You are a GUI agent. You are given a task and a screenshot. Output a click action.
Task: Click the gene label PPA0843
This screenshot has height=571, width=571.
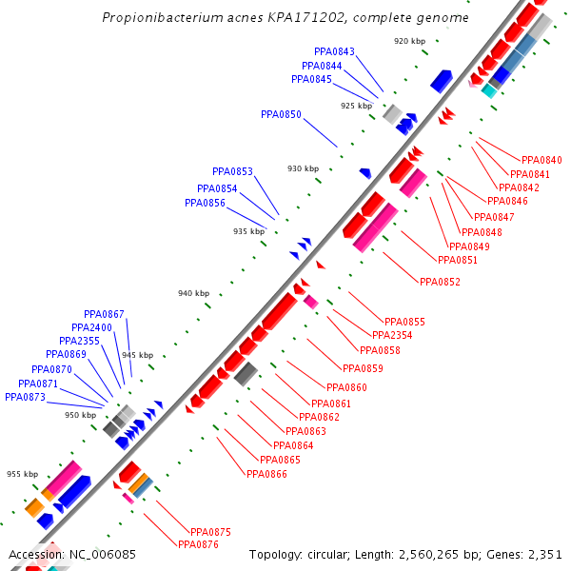(334, 51)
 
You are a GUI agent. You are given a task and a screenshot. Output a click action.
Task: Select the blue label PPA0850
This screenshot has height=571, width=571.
(281, 114)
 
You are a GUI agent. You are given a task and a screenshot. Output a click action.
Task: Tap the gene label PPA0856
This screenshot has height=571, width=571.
(205, 203)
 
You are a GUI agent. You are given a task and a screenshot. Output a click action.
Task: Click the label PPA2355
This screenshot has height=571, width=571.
(79, 341)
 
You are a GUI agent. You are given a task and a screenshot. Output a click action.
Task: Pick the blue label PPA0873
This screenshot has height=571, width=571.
(25, 397)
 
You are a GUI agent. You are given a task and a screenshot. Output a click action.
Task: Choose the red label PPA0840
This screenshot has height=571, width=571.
(541, 160)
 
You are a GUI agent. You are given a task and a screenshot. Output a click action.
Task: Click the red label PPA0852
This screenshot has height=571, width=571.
(440, 281)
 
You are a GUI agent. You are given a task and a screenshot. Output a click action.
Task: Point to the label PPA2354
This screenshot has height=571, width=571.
(392, 335)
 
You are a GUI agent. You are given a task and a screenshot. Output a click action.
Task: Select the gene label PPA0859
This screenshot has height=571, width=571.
(362, 368)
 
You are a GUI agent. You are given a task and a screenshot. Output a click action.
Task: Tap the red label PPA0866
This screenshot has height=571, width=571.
(266, 474)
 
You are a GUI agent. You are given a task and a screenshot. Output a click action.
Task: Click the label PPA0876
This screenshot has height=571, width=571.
(198, 544)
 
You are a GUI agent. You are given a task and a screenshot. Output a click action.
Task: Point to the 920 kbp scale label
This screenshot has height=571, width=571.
(409, 41)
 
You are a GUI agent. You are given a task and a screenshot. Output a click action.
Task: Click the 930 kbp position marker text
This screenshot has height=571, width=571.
(303, 168)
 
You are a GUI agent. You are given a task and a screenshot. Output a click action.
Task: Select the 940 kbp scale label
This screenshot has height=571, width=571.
(193, 293)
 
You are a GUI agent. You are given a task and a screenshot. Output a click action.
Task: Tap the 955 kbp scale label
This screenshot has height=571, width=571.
(22, 474)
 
